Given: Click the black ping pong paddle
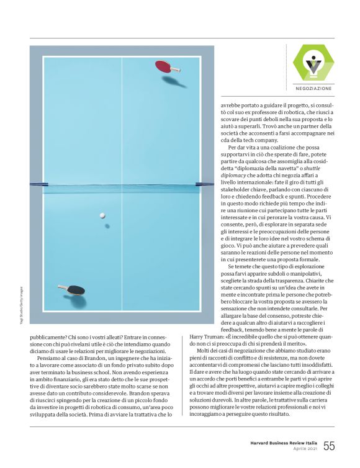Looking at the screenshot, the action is (x=76, y=289).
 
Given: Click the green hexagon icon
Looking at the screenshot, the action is (x=313, y=63).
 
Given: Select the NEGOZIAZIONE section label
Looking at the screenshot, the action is (x=313, y=89).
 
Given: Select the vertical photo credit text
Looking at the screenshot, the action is (x=20, y=304).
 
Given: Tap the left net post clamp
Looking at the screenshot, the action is (x=38, y=184).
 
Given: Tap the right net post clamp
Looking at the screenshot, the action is (x=205, y=184).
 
